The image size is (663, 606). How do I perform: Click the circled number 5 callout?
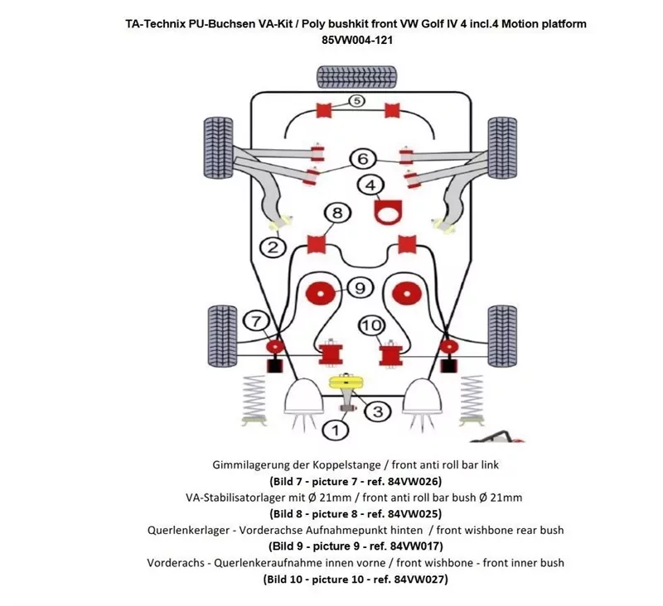(355, 102)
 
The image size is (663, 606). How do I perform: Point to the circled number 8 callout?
(336, 214)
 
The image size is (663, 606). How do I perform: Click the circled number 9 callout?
(359, 288)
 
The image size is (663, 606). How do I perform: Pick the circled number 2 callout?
(272, 246)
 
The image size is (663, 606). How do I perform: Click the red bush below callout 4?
(385, 212)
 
